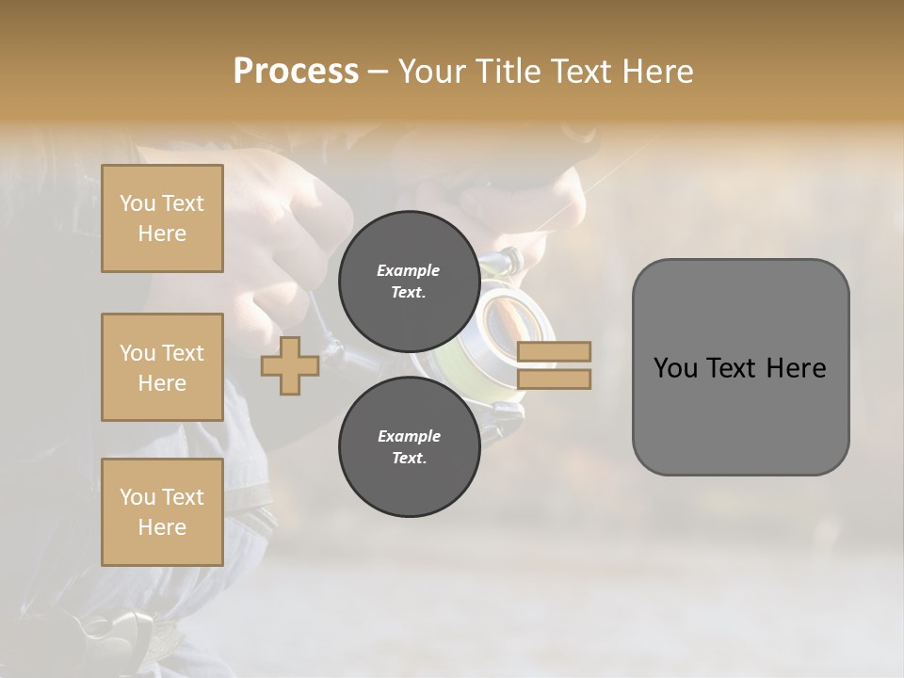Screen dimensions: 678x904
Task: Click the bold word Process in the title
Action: point(296,72)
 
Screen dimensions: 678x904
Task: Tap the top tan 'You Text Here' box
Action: point(162,218)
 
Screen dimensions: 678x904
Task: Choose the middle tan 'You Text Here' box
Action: point(162,367)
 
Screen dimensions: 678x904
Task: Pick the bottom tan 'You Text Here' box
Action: point(162,512)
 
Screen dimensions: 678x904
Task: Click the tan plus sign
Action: point(289,366)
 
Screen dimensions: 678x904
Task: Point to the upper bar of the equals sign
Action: point(554,352)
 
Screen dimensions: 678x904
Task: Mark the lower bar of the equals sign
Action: point(554,379)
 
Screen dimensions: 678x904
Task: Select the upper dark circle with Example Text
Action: point(409,281)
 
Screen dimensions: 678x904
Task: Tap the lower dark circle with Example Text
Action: point(409,447)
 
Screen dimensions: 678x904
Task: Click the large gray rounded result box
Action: point(740,367)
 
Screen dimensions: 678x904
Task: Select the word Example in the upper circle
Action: point(409,270)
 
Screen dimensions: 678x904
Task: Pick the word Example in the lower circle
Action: point(409,436)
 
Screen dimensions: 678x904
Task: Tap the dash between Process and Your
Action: point(379,73)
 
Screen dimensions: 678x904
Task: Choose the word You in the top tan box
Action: point(137,203)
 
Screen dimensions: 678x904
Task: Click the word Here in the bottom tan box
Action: point(162,527)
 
